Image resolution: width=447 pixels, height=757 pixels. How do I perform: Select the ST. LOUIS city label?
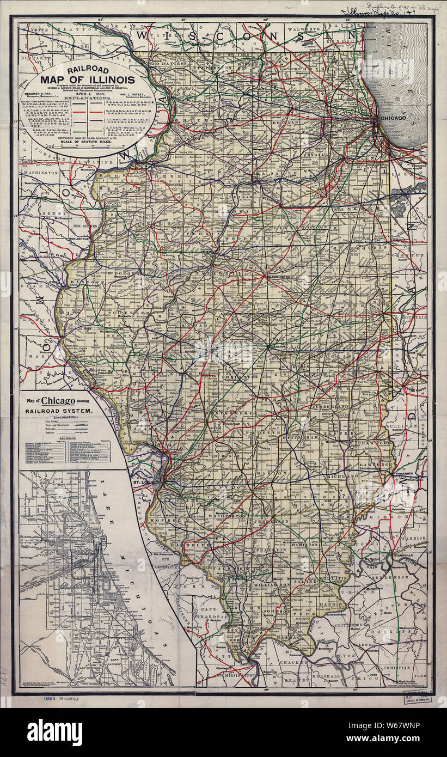pyautogui.click(x=144, y=482)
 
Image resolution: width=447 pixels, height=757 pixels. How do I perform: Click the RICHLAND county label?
pyautogui.click(x=342, y=477)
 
